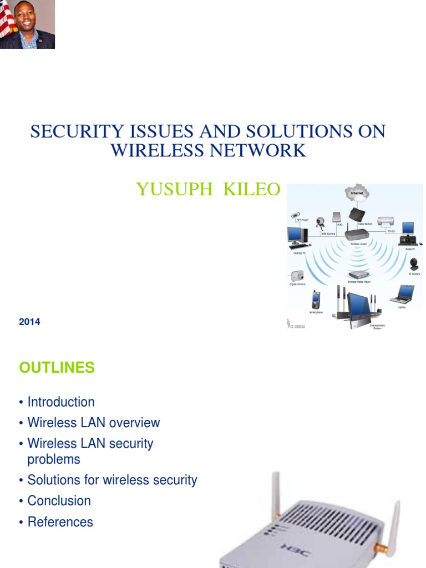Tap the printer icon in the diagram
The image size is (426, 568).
[386, 222]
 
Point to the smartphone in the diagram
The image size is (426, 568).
[316, 300]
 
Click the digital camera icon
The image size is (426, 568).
[297, 276]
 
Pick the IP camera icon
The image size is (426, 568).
[414, 265]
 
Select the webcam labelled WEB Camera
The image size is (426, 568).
[320, 224]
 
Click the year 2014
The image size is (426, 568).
[29, 322]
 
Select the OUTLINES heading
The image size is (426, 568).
[57, 367]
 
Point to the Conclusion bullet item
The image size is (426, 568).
[59, 500]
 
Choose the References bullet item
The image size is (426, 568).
[60, 522]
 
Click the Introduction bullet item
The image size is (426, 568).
[61, 402]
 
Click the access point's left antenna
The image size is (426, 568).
[275, 494]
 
